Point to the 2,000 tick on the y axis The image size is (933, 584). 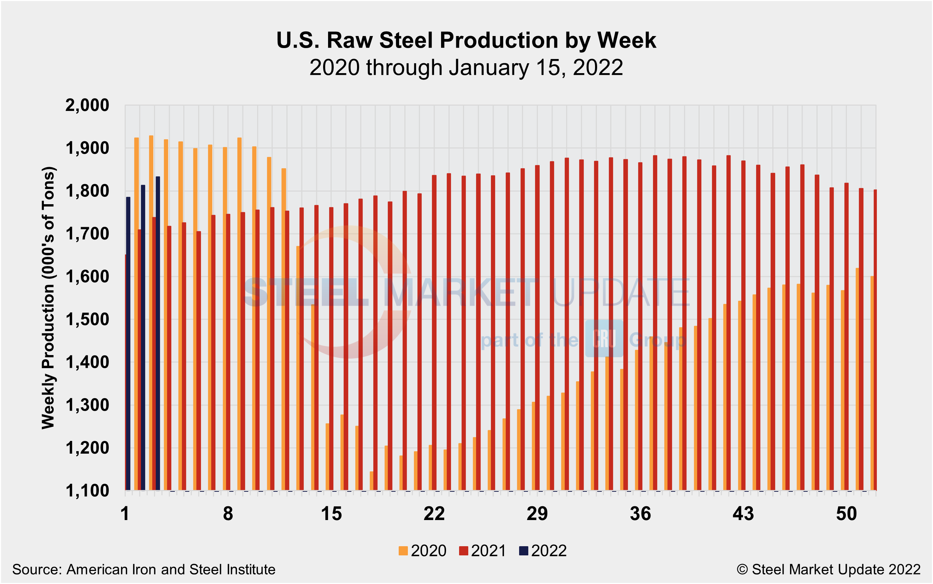[87, 105]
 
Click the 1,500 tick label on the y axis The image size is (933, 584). [87, 320]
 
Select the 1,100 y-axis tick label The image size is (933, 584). [87, 491]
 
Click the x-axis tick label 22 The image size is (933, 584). [434, 514]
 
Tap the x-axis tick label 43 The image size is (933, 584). [743, 514]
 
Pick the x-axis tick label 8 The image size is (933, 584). [228, 514]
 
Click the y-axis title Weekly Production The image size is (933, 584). [48, 297]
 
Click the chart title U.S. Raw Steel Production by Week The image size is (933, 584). [466, 40]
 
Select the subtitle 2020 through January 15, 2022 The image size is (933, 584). [466, 67]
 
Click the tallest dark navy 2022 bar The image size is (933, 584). [158, 332]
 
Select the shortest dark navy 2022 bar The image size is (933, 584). [128, 344]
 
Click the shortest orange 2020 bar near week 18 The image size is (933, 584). [372, 481]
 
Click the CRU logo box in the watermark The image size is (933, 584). [604, 338]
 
